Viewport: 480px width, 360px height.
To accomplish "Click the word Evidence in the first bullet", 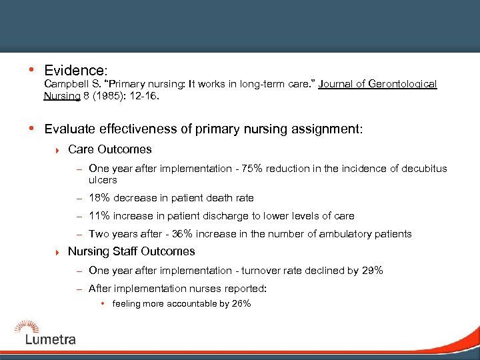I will [75, 70].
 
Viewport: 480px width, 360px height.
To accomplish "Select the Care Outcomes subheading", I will [110, 149].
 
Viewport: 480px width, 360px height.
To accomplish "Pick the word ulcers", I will [103, 180].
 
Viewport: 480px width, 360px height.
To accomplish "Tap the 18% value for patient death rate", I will [99, 198].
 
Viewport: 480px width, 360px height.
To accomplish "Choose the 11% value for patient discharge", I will [99, 216].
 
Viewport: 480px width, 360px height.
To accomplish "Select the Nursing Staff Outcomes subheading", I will [131, 251].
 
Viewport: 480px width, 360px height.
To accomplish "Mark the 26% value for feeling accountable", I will [241, 304].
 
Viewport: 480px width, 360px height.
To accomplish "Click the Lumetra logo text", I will [51, 339].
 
